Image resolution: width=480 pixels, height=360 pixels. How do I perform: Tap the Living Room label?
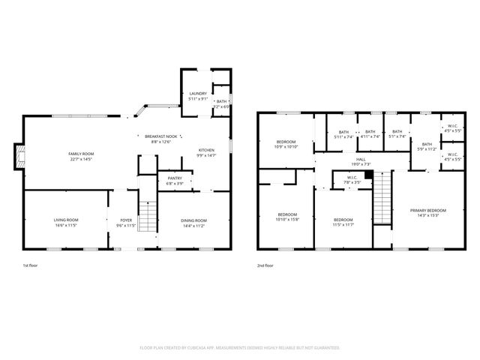click(66, 220)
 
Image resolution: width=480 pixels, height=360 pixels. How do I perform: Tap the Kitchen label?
click(206, 150)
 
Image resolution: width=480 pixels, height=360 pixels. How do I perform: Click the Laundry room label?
click(197, 93)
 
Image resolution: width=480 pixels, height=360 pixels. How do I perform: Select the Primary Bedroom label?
click(427, 210)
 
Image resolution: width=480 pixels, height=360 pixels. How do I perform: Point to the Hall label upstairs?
click(361, 159)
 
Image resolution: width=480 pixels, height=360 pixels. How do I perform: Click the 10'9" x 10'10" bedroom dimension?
click(286, 147)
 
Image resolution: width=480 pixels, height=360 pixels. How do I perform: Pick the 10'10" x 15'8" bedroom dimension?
click(286, 219)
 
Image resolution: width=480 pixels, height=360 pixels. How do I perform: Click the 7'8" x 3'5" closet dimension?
click(352, 182)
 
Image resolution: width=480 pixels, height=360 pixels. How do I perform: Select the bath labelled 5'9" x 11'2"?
click(426, 149)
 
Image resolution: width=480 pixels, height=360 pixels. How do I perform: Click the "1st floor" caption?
click(31, 265)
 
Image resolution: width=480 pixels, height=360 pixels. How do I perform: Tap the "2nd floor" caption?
click(265, 265)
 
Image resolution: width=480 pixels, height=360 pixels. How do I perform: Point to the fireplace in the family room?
click(21, 156)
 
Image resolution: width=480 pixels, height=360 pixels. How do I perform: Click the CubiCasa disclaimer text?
click(240, 347)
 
